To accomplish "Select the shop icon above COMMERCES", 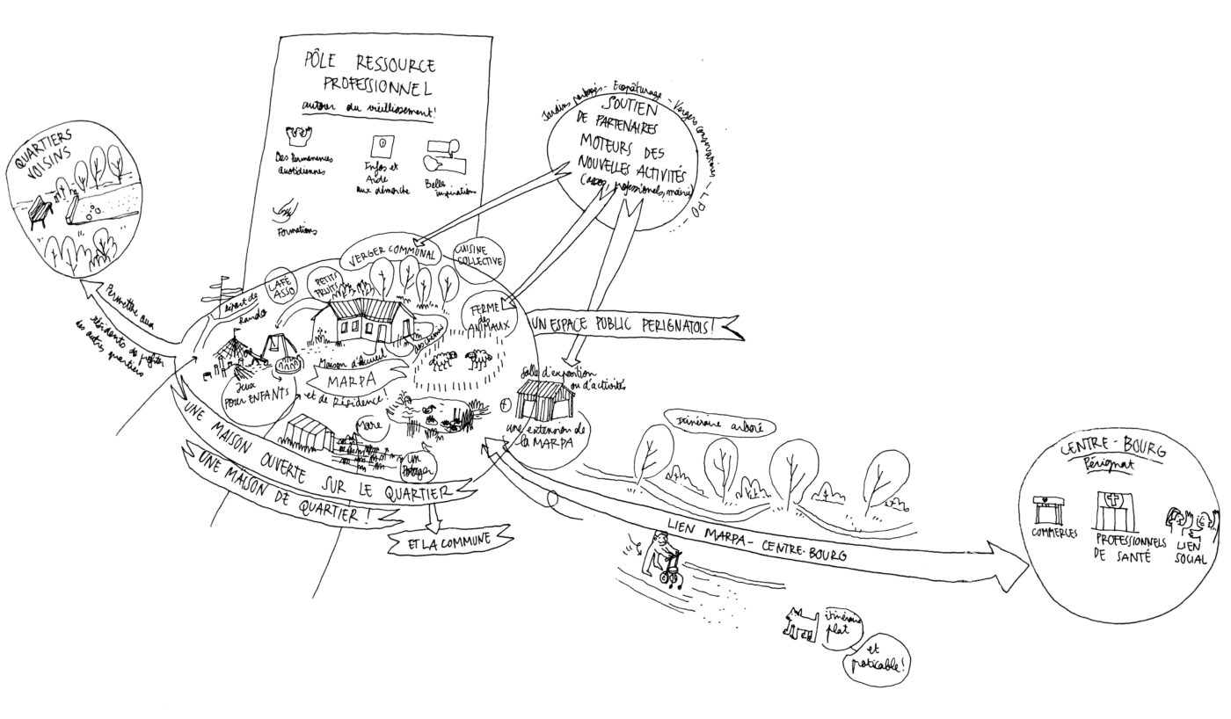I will (x=1053, y=511).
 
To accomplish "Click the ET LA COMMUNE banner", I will (x=448, y=541).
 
